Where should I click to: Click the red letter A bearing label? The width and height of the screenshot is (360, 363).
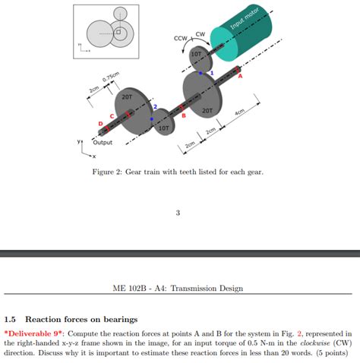pos(239,76)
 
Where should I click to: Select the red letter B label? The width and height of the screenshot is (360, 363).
pos(183,115)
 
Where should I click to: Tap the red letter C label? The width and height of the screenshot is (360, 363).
pos(112,116)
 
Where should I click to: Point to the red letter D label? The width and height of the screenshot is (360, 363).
pos(99,123)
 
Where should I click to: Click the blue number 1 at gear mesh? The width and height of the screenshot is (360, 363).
pos(212,73)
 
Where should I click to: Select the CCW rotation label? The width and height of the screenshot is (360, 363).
pos(180,38)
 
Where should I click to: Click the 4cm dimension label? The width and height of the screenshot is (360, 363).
pos(239,113)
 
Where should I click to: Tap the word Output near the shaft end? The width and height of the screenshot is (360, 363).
pos(103,142)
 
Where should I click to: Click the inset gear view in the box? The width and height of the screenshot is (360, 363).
pos(109,31)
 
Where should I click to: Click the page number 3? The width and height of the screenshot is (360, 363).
pos(178,213)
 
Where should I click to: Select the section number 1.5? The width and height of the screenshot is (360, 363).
pos(13,319)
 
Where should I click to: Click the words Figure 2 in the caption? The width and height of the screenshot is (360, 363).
pos(109,172)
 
